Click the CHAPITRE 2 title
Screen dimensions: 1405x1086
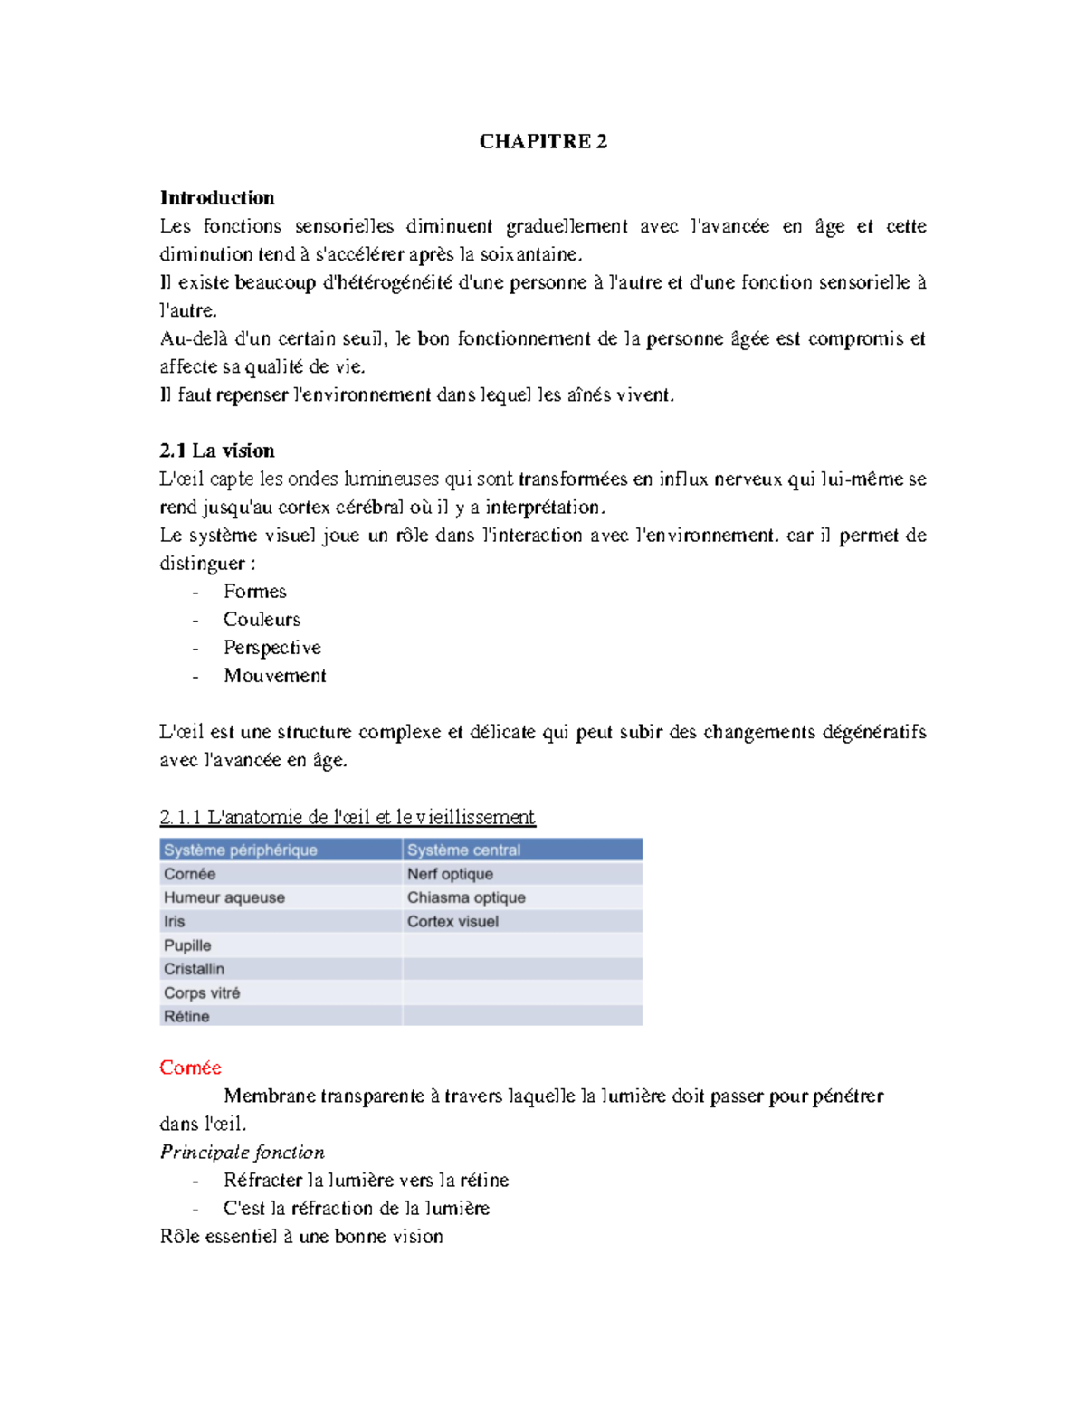pos(543,141)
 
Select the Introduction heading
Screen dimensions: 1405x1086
pos(217,197)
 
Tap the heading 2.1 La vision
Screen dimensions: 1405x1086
pos(217,451)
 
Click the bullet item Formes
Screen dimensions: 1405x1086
pos(254,591)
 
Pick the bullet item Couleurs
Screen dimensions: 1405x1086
pos(262,619)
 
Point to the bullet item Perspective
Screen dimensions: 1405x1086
pos(271,647)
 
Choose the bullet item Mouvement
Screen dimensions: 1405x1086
pos(274,675)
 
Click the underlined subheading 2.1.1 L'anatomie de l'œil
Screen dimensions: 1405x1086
pos(348,817)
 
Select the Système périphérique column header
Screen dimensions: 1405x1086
pos(241,850)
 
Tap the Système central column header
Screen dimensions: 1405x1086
pos(463,850)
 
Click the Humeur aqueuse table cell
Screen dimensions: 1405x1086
pos(224,897)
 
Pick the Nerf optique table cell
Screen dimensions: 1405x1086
pos(450,874)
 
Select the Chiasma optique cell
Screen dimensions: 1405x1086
pos(466,897)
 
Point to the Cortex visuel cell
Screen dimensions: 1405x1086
pos(452,921)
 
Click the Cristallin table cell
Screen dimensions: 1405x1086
pos(194,969)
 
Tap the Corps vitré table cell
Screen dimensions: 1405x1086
pos(202,992)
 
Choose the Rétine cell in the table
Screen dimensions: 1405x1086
pos(186,1016)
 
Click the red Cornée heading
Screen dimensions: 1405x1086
pos(190,1068)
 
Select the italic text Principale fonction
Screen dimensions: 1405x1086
pos(242,1152)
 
